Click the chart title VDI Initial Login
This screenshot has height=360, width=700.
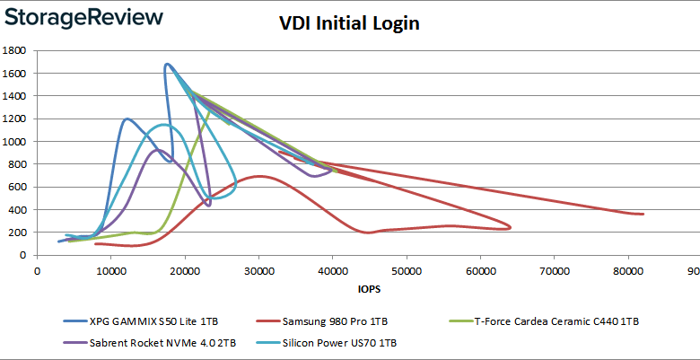[x=349, y=24]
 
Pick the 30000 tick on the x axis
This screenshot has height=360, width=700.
[x=258, y=268]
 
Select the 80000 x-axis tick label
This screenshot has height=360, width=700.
[x=628, y=268]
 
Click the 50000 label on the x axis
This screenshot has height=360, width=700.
[x=407, y=268]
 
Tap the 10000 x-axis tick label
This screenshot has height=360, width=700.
[x=110, y=268]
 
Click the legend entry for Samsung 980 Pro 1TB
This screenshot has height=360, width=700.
[x=336, y=320]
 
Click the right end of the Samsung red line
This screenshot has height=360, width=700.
[x=643, y=214]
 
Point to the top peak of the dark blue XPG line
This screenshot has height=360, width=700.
[x=167, y=65]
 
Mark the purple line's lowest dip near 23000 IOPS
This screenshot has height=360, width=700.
[x=208, y=206]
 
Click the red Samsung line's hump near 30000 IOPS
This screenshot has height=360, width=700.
[x=259, y=176]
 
